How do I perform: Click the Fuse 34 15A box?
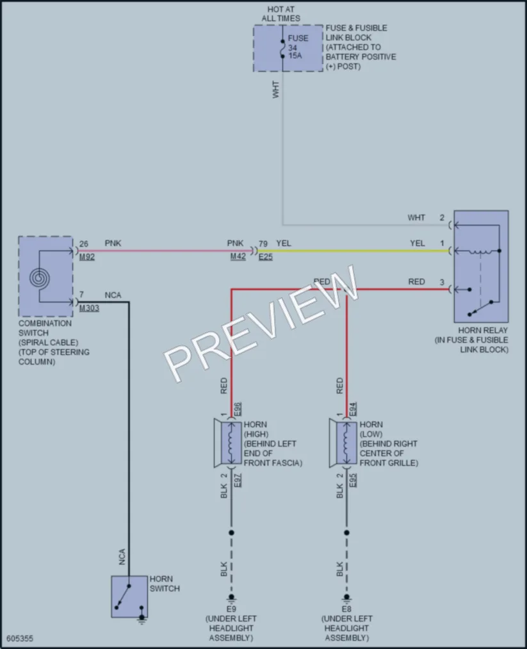[288, 48]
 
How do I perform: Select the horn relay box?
[481, 266]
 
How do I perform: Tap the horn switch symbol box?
[129, 596]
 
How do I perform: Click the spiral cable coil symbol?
[40, 277]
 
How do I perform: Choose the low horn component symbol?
[343, 443]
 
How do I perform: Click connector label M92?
[87, 257]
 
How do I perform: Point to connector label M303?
[89, 308]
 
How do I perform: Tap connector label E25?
[266, 257]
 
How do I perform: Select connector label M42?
[238, 257]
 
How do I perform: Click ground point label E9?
[231, 609]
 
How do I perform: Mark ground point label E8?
[346, 609]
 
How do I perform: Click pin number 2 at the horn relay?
[442, 218]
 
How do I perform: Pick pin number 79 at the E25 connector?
[263, 244]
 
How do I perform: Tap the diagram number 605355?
[20, 639]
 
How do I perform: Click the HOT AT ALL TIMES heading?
[281, 13]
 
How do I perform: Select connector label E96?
[238, 409]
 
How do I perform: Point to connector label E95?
[353, 480]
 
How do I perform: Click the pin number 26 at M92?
[83, 244]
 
